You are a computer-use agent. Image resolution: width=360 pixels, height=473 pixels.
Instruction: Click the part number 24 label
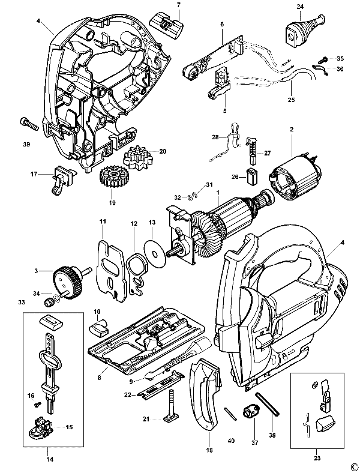(299, 7)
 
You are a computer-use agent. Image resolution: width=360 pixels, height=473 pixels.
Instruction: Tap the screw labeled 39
(29, 124)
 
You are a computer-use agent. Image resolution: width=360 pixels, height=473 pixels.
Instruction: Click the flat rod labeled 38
(267, 404)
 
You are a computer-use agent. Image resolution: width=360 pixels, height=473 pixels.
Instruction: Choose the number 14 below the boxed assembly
(50, 459)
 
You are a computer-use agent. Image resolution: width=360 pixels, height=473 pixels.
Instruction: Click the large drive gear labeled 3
(68, 282)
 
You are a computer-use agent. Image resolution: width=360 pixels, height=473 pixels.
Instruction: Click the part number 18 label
(209, 450)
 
